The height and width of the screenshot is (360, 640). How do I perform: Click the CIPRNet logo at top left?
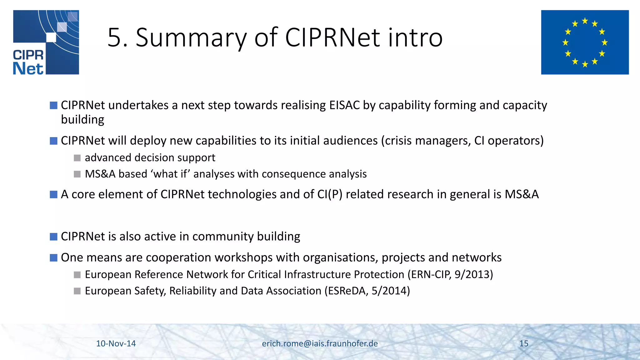click(x=46, y=42)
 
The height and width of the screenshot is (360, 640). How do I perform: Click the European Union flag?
click(x=585, y=42)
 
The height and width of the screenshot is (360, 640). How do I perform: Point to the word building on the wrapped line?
click(x=82, y=120)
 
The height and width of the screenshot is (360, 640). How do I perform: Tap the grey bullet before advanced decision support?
click(x=77, y=158)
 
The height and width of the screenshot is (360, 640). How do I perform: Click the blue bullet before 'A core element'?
click(x=53, y=195)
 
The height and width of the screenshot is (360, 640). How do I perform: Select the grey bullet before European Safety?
click(x=77, y=291)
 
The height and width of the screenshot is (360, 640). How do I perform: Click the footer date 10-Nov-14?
click(x=116, y=343)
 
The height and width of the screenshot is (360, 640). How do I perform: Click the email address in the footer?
click(x=320, y=343)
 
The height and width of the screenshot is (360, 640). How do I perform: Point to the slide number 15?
click(x=524, y=343)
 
